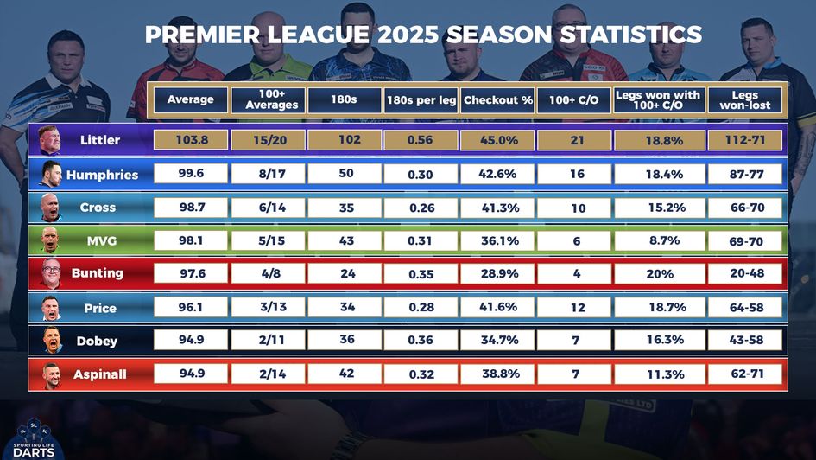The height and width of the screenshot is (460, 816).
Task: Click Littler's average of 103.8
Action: (x=191, y=140)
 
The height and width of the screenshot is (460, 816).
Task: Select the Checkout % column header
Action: (x=497, y=100)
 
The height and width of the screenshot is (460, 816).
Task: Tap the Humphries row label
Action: (x=102, y=175)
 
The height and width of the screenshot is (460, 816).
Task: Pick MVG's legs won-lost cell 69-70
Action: (x=745, y=241)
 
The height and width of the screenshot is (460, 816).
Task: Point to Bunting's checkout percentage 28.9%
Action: (x=497, y=273)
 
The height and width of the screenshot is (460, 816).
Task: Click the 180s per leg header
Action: (x=421, y=100)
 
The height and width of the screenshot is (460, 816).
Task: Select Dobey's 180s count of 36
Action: (x=346, y=340)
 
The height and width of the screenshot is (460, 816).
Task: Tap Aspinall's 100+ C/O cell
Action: (x=575, y=374)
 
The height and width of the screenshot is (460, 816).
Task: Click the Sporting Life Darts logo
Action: (x=34, y=438)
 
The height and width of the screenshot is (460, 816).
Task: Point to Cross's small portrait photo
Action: (x=49, y=208)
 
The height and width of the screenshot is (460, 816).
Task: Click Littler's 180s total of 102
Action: (x=346, y=140)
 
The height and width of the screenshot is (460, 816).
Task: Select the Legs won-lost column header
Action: (x=745, y=100)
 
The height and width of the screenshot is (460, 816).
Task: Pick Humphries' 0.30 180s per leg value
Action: (x=421, y=175)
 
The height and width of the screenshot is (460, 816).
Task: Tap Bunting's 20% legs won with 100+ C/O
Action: (x=660, y=273)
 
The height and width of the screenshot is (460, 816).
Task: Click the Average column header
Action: (x=191, y=100)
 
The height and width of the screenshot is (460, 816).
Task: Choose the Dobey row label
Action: (x=97, y=341)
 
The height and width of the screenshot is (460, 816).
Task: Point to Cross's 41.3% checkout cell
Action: (x=497, y=208)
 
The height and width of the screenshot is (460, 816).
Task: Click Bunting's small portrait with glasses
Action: (x=50, y=273)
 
